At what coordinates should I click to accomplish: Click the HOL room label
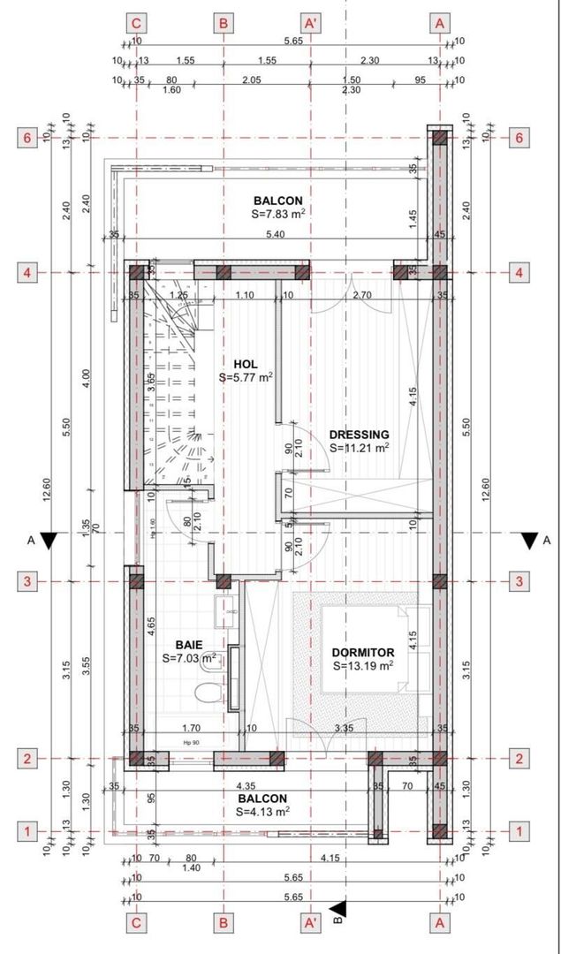[x=246, y=364]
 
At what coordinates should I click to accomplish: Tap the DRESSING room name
[x=359, y=435]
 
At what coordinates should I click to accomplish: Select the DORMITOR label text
[x=362, y=653]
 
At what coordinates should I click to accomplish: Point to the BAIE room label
[x=190, y=645]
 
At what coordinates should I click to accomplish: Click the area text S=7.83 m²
[x=278, y=214]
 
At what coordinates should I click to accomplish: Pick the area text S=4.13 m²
[x=263, y=811]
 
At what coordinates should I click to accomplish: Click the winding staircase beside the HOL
[x=175, y=389]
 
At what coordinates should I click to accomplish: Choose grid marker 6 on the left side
[x=27, y=138]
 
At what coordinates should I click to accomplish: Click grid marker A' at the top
[x=310, y=22]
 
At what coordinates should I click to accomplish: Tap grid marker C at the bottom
[x=136, y=922]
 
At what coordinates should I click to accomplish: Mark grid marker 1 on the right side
[x=521, y=831]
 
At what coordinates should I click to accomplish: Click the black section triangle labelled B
[x=340, y=909]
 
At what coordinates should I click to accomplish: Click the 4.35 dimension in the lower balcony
[x=246, y=785]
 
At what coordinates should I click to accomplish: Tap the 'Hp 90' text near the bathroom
[x=188, y=744]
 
